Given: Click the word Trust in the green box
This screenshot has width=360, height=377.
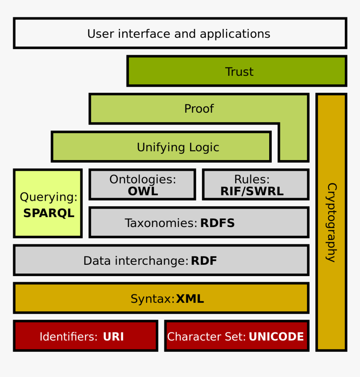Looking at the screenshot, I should (x=239, y=72).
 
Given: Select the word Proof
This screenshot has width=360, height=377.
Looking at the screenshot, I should (x=199, y=109).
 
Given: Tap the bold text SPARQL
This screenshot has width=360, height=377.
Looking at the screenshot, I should (x=49, y=213).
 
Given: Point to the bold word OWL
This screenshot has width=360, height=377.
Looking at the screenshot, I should (x=143, y=191).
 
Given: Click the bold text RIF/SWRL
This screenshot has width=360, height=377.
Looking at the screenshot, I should (x=252, y=191).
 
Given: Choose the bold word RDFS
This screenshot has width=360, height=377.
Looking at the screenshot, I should (x=217, y=223).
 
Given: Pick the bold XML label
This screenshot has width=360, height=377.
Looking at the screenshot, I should (x=190, y=299).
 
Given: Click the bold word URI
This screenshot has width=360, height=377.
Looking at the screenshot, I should (x=113, y=337).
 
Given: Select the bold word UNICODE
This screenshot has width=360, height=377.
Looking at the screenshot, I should (x=276, y=337).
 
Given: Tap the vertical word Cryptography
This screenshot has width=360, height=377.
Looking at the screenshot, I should (x=331, y=222).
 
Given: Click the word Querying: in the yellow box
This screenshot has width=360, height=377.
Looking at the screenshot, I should (x=49, y=197).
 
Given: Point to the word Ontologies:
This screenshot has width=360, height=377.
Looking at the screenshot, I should (x=143, y=179).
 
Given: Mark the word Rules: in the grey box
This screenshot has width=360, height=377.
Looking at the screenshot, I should (x=252, y=179).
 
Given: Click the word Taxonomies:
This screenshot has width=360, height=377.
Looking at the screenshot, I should (x=161, y=223).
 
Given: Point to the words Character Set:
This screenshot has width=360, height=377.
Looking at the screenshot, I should (x=206, y=337).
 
